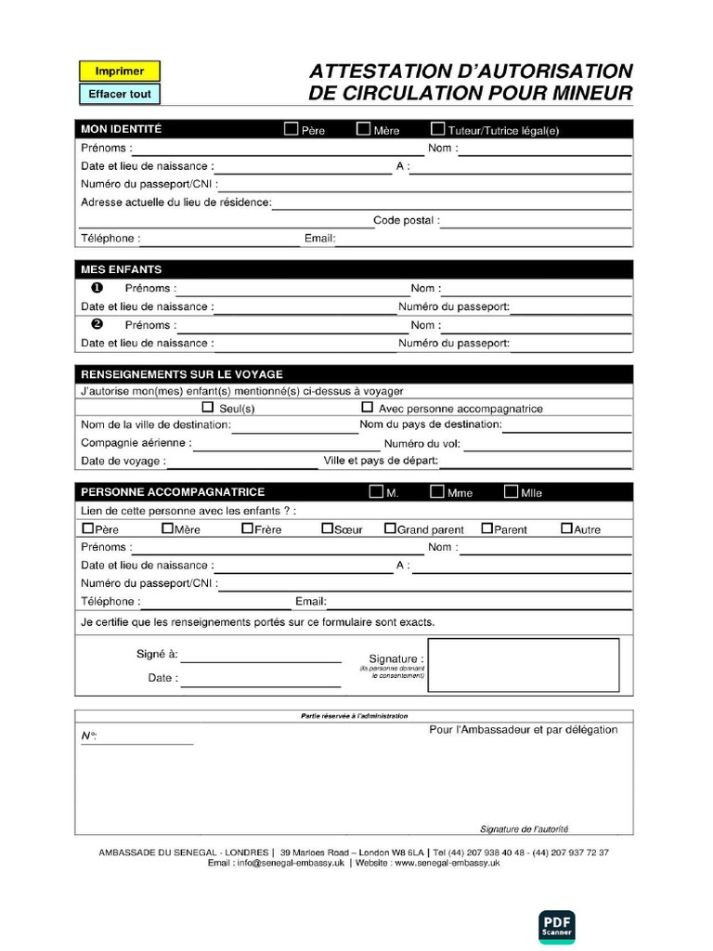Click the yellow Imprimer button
click(x=119, y=71)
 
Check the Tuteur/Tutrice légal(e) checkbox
click(x=438, y=129)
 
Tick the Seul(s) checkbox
click(x=208, y=407)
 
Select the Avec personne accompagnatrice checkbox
click(x=367, y=407)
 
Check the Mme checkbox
click(x=436, y=491)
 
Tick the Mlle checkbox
click(x=511, y=491)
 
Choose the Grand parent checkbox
click(x=390, y=528)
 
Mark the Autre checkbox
click(x=566, y=528)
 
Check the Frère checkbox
click(x=247, y=528)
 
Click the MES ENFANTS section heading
click(x=121, y=269)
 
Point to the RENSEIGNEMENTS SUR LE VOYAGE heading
click(x=182, y=374)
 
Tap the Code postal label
click(x=407, y=221)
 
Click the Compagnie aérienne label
click(x=136, y=443)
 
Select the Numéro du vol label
click(x=422, y=444)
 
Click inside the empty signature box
click(x=525, y=665)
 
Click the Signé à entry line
click(x=261, y=656)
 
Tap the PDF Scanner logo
click(x=557, y=927)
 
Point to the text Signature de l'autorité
click(x=524, y=828)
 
